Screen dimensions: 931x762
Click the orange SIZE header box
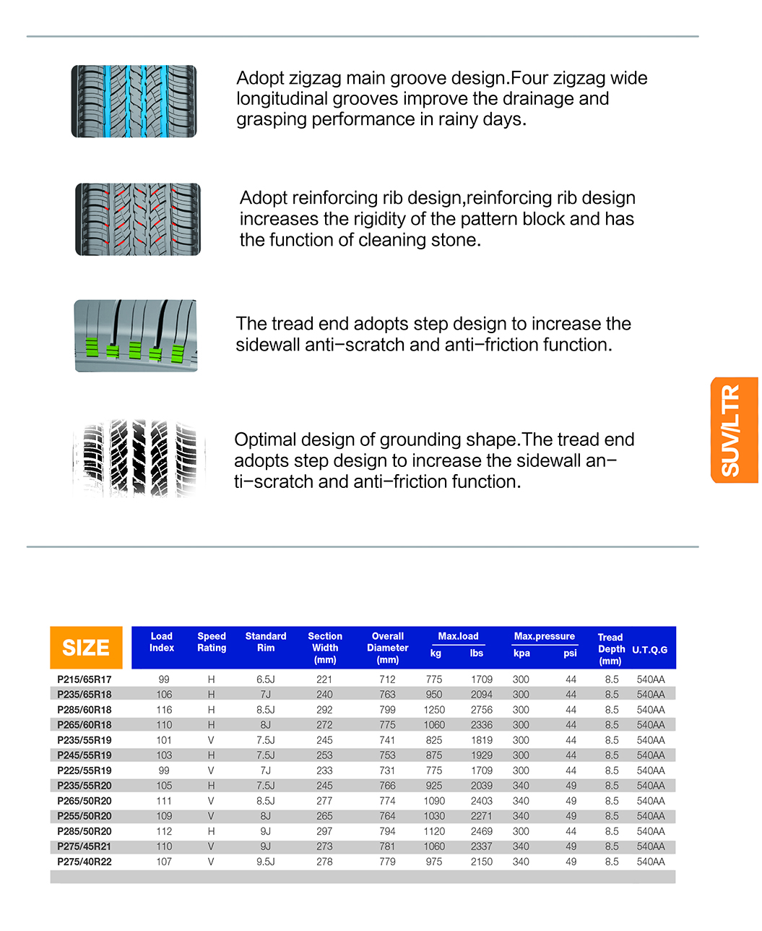coord(86,648)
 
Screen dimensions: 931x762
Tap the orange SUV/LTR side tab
coord(734,430)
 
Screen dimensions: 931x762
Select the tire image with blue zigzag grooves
coord(134,101)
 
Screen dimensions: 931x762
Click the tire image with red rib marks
coord(138,219)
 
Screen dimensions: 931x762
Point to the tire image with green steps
coord(135,336)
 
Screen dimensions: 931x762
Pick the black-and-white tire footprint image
coord(139,458)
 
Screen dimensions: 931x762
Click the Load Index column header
coord(162,642)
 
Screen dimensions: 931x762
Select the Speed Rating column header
coord(212,642)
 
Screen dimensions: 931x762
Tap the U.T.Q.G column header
coord(649,650)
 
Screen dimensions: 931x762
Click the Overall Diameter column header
coord(388,648)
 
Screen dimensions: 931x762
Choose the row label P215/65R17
coord(85,679)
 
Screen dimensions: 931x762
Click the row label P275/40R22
coord(85,862)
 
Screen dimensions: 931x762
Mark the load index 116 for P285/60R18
coord(164,710)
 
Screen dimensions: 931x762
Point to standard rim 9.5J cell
coord(266,862)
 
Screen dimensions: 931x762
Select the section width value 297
coord(324,831)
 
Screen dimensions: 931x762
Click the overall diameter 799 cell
coord(387,710)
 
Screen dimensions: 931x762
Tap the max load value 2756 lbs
coord(481,710)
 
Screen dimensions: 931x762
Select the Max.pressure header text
coord(544,636)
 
